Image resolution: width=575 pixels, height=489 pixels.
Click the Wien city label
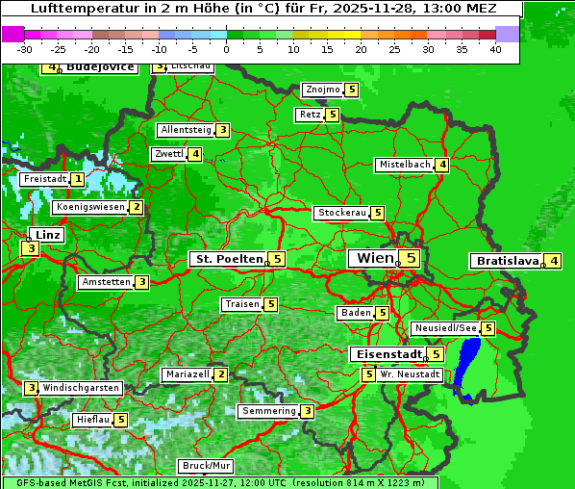click(375, 258)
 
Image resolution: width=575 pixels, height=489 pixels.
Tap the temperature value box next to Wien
click(411, 258)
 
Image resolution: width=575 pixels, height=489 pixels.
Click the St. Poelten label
click(227, 259)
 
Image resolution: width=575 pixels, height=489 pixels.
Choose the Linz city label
click(47, 235)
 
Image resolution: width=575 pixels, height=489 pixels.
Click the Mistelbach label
click(404, 165)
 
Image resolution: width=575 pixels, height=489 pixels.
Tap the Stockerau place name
click(341, 213)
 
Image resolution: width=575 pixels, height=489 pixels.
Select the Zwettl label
click(168, 154)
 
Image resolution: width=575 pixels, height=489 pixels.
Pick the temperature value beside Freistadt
click(78, 179)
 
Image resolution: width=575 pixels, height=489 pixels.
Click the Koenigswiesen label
click(89, 207)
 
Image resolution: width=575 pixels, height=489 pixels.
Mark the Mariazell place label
click(187, 374)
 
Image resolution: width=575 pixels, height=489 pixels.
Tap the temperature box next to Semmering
click(307, 411)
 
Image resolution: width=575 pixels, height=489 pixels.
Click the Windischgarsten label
click(81, 387)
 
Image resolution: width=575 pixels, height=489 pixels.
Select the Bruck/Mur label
click(207, 466)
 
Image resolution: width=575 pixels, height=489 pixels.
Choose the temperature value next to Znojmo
click(351, 90)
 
